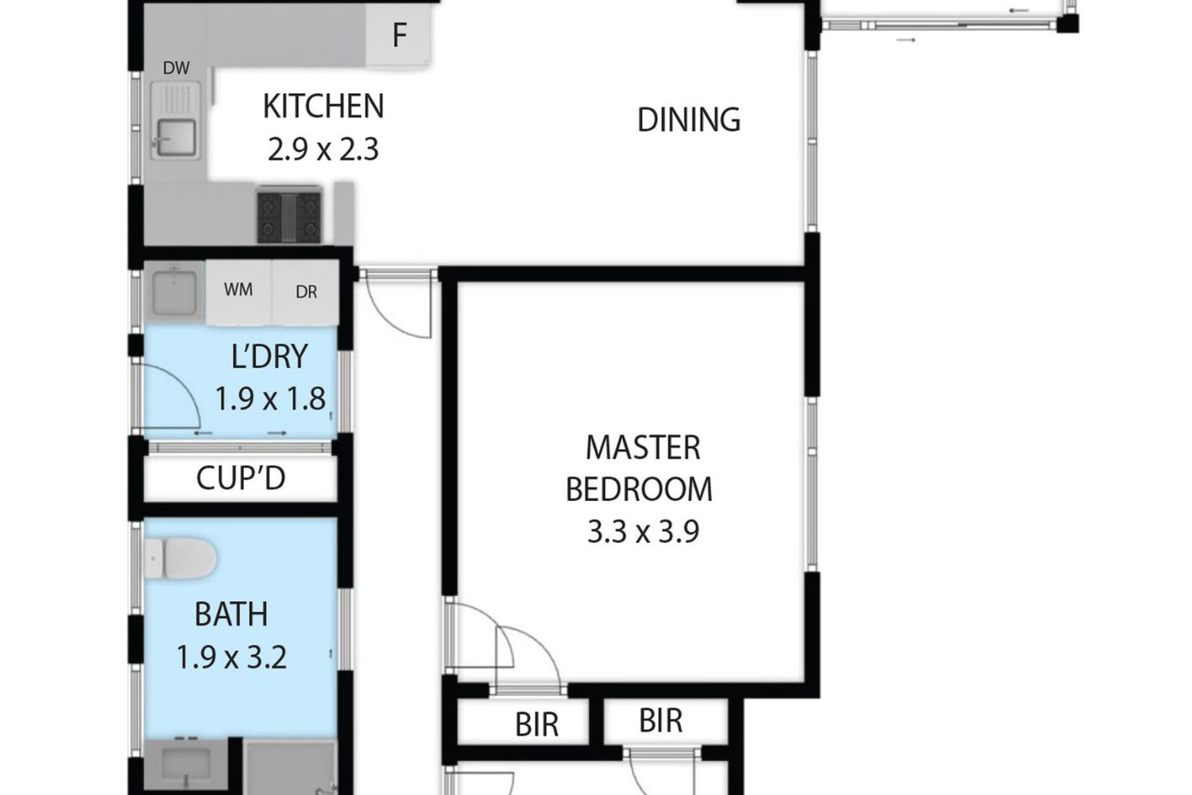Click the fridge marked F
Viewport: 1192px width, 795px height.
tap(398, 37)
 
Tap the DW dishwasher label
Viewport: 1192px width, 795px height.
tap(176, 68)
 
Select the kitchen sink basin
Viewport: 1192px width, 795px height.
tap(176, 138)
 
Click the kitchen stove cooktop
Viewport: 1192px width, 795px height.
tap(289, 217)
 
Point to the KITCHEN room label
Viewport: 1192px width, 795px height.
tap(323, 107)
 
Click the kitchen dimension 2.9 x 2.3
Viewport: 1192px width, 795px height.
tap(323, 149)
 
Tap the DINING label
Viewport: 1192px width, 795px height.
tap(689, 120)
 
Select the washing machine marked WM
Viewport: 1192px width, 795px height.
tap(239, 292)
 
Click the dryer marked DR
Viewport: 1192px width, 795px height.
tap(306, 292)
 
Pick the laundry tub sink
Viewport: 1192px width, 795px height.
tap(174, 293)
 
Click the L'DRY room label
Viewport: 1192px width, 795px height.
tap(269, 356)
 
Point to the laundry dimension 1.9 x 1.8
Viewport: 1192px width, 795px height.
tap(270, 398)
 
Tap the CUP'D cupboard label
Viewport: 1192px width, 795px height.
tap(241, 478)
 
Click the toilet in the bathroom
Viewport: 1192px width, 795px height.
tap(180, 559)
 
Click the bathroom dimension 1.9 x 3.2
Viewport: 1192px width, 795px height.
tap(231, 657)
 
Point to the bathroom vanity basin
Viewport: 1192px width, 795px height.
tap(185, 765)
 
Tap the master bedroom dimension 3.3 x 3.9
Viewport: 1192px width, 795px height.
tap(643, 531)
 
